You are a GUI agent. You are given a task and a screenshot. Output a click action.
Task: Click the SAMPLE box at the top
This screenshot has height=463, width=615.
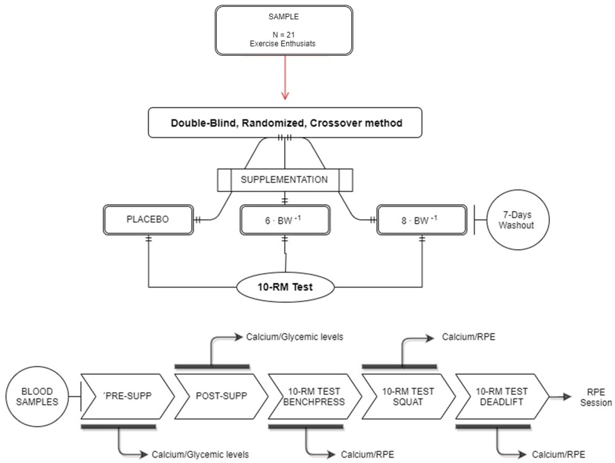click(x=284, y=30)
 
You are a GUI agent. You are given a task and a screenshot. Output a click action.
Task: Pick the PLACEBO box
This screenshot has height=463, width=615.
click(x=148, y=220)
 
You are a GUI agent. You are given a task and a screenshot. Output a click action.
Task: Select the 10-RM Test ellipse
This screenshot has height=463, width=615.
click(x=285, y=287)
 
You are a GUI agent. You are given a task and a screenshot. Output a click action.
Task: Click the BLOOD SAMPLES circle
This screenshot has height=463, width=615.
click(x=37, y=396)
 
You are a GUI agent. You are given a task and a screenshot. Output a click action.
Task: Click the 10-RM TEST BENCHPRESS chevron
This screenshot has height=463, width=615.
click(x=314, y=396)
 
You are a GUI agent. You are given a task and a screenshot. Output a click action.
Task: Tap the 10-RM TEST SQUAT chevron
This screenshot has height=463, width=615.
click(x=408, y=396)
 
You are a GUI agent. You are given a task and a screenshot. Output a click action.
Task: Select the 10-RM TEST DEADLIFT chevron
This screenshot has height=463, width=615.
click(x=502, y=396)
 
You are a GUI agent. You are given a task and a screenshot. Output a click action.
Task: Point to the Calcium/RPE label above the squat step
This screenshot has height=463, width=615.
click(x=468, y=337)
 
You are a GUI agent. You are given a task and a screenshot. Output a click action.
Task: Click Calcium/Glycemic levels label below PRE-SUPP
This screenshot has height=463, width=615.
click(x=200, y=454)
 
